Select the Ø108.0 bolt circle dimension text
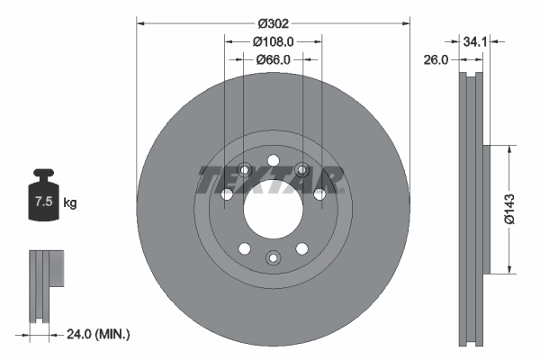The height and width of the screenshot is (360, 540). click(274, 41)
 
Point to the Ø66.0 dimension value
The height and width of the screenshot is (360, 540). click(274, 59)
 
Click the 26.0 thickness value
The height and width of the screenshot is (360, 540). click(436, 59)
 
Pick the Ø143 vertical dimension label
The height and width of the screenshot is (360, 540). click(508, 208)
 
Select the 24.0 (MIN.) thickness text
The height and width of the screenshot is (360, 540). click(99, 334)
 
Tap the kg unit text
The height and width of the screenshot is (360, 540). click(70, 203)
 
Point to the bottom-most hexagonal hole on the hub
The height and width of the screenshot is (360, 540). click(272, 258)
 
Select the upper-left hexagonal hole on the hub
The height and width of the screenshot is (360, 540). click(244, 168)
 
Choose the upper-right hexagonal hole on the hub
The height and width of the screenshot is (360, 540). click(301, 168)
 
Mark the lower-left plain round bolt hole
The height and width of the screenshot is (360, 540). click(242, 248)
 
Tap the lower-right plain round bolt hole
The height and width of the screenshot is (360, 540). click(301, 248)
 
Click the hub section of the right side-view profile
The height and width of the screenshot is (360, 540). click(487, 209)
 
